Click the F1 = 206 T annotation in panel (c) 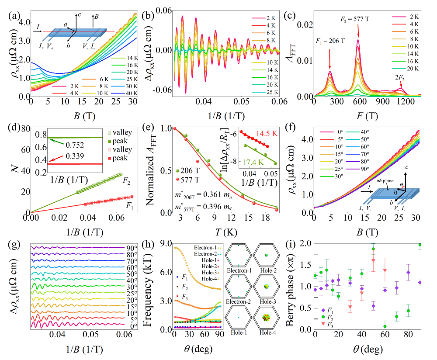point(330,42)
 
